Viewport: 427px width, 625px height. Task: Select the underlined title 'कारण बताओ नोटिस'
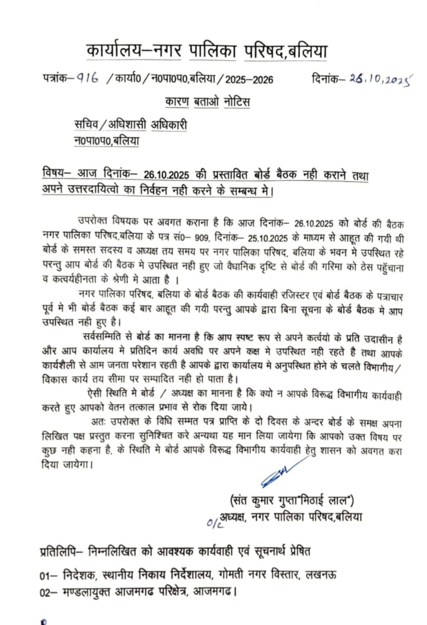point(208,102)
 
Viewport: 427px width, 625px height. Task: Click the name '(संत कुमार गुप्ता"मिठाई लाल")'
point(294,500)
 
